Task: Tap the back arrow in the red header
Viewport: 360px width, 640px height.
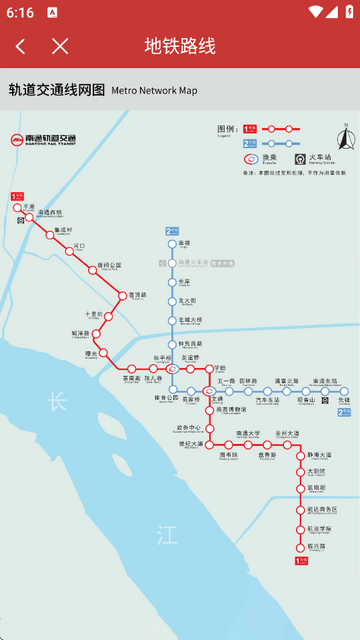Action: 21,46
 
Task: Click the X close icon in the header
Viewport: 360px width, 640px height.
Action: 60,46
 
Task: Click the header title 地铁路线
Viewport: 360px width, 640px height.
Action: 180,46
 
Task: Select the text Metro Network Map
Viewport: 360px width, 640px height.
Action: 154,91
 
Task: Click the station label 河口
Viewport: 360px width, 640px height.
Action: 81,245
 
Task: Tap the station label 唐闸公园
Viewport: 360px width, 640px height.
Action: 108,265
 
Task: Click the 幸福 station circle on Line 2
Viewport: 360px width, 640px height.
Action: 171,243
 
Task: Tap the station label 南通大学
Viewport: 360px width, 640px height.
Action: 247,433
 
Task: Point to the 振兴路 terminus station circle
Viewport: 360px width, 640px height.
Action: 298,547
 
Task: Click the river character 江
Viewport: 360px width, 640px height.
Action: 166,535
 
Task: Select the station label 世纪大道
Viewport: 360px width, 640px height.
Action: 190,443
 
